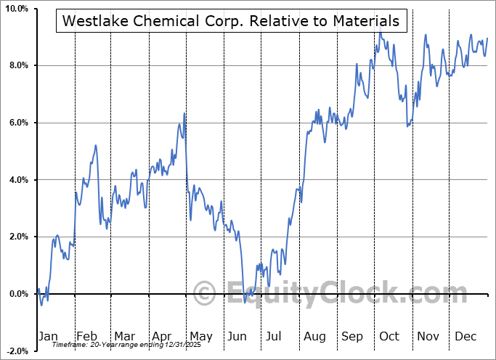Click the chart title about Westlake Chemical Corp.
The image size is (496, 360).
(x=231, y=21)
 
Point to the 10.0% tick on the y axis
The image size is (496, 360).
(x=15, y=9)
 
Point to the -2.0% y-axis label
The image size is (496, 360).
(x=16, y=351)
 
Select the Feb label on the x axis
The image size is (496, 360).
(x=86, y=336)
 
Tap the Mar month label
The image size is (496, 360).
(x=124, y=336)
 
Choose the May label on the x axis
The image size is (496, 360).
(x=200, y=336)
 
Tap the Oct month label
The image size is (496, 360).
(x=389, y=336)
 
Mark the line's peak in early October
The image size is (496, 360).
(x=380, y=33)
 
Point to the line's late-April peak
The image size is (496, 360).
(x=184, y=113)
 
